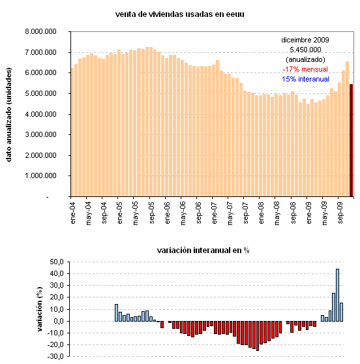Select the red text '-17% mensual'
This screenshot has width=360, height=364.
[305, 68]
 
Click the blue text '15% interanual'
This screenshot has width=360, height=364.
[305, 78]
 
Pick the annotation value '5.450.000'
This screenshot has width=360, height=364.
[305, 49]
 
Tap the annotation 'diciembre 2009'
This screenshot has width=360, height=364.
[305, 39]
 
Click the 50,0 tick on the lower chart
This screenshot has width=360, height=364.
[57, 262]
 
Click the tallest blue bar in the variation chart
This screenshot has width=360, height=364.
[337, 294]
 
